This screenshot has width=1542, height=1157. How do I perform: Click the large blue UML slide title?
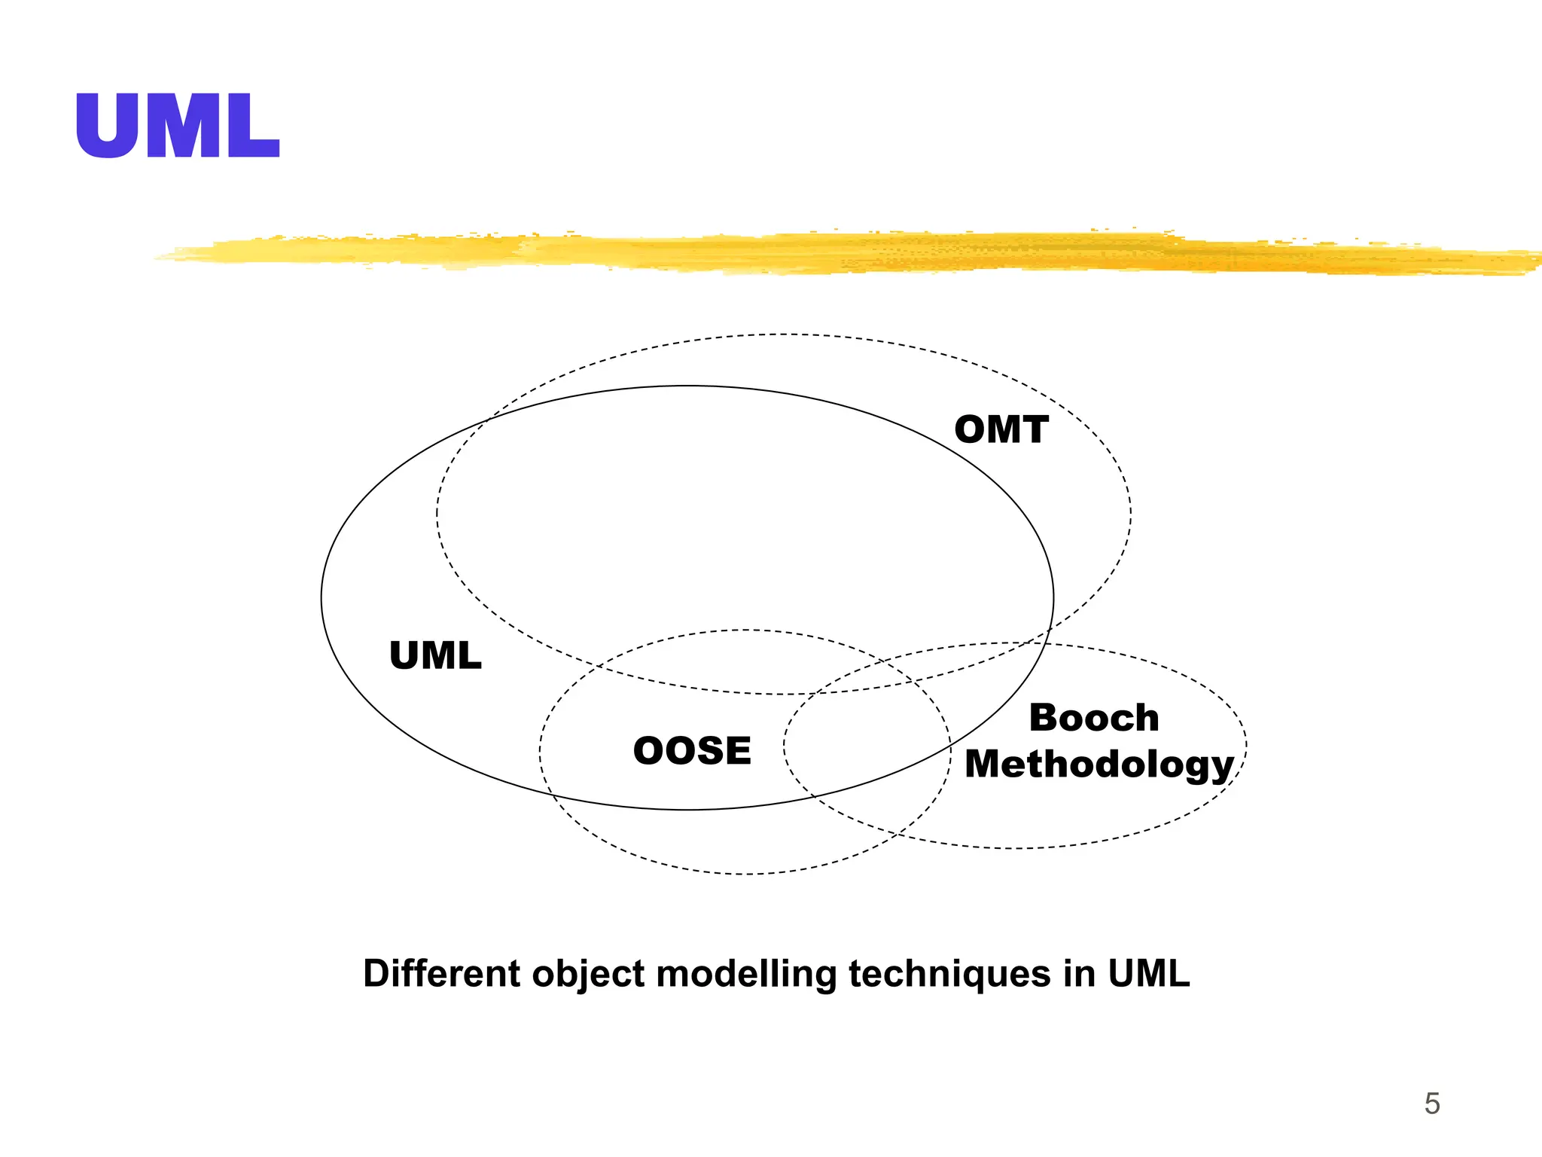pos(178,126)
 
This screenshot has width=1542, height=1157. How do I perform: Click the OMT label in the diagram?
pos(1001,430)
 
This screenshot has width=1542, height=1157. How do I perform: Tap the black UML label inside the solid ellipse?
pos(435,655)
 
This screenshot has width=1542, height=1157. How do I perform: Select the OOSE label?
pos(692,751)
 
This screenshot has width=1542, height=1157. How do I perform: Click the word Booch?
pos(1094,718)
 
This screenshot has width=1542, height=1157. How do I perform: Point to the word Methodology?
pos(1099,765)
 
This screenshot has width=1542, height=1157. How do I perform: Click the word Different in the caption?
pos(441,973)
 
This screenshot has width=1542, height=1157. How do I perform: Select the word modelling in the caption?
pos(746,974)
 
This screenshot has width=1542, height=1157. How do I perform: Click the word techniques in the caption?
pos(950,974)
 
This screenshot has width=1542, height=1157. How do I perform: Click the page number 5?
pos(1431,1104)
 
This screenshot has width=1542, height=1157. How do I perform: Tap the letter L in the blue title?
pos(254,126)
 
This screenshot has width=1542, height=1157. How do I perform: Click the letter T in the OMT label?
pos(1033,430)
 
